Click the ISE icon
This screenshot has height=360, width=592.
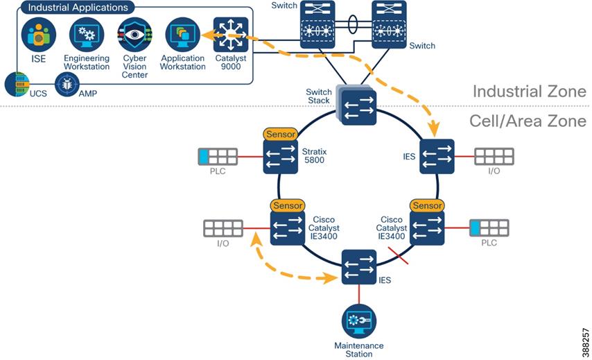click(x=39, y=34)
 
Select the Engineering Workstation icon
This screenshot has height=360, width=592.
click(x=87, y=34)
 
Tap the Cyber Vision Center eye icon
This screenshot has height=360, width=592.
click(x=134, y=34)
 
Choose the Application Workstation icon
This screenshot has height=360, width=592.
click(x=183, y=34)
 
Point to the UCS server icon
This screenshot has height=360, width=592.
click(x=15, y=85)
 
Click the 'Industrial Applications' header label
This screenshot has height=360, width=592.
click(x=78, y=8)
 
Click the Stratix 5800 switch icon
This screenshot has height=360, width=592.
click(x=280, y=157)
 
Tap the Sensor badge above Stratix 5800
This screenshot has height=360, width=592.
click(x=280, y=134)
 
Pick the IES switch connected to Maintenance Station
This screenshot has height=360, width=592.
click(x=359, y=267)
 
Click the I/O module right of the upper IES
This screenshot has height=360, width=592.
click(x=494, y=157)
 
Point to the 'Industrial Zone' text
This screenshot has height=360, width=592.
click(x=528, y=92)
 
